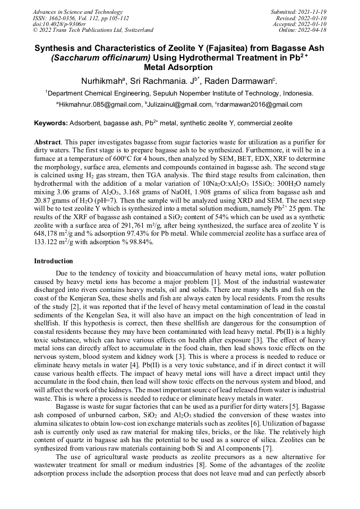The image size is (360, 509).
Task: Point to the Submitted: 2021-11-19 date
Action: pos(299,11)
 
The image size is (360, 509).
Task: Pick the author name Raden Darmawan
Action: pos(248,81)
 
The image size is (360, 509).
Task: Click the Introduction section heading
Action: pos(54,261)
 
